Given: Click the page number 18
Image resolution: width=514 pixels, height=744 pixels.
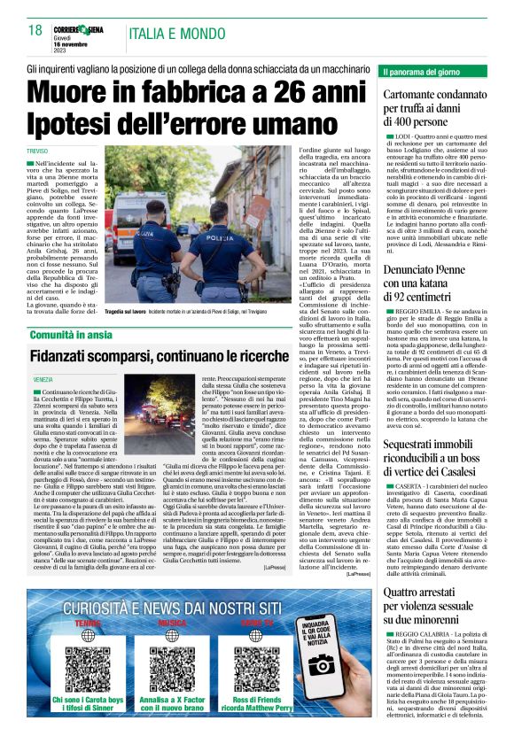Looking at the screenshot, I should [x=35, y=30].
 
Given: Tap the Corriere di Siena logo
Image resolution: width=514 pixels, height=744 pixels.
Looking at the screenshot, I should [x=86, y=29].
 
